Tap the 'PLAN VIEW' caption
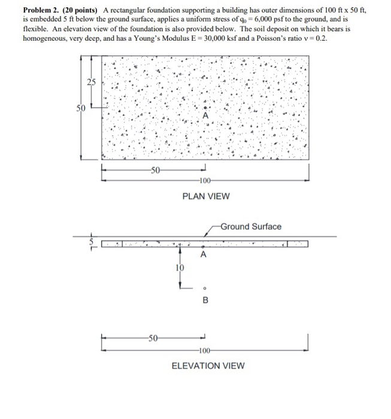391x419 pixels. click(206, 196)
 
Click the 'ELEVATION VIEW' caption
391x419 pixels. click(208, 366)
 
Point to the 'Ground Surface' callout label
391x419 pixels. click(251, 226)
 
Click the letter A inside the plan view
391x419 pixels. click(205, 116)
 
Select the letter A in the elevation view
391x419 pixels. click(204, 255)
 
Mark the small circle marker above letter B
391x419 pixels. click(205, 287)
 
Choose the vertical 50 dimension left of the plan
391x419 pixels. click(80, 108)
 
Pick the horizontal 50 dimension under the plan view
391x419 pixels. click(154, 171)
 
